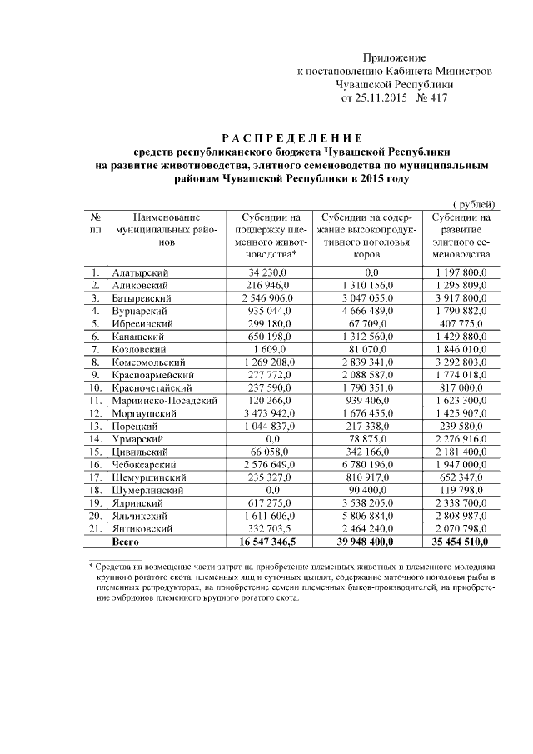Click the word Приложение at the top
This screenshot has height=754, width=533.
(394, 57)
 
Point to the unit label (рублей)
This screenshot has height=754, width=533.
(474, 204)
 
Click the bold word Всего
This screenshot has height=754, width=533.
(127, 542)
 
